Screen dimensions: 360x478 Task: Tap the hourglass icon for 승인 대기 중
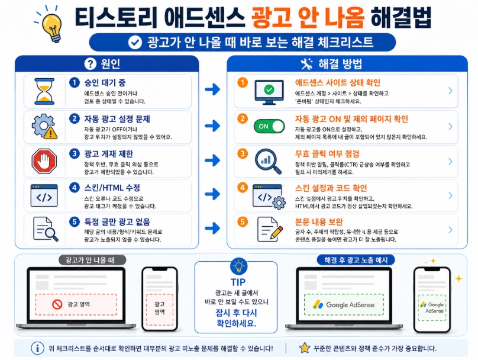[44, 91]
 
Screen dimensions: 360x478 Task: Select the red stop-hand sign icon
[44, 160]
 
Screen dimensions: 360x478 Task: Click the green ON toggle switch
[269, 126]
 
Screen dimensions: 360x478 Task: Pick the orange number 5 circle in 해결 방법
[242, 221]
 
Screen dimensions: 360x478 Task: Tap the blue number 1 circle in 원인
[75, 83]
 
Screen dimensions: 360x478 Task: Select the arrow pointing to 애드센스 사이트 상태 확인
[212, 90]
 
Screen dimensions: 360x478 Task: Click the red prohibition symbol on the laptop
[57, 304]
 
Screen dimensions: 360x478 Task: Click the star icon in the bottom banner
[305, 348]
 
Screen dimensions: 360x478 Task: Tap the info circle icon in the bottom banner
[38, 348]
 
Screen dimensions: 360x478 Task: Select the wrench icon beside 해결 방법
[306, 64]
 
